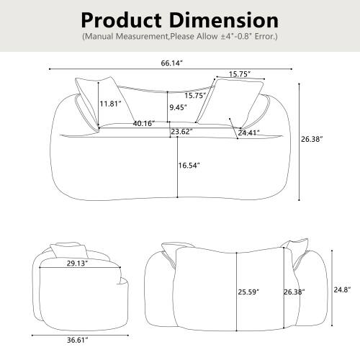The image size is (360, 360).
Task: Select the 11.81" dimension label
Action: point(110,104)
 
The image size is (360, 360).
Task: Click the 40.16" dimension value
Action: point(145,123)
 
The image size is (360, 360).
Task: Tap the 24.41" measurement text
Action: point(249,132)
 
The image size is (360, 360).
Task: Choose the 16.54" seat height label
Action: point(189,166)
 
